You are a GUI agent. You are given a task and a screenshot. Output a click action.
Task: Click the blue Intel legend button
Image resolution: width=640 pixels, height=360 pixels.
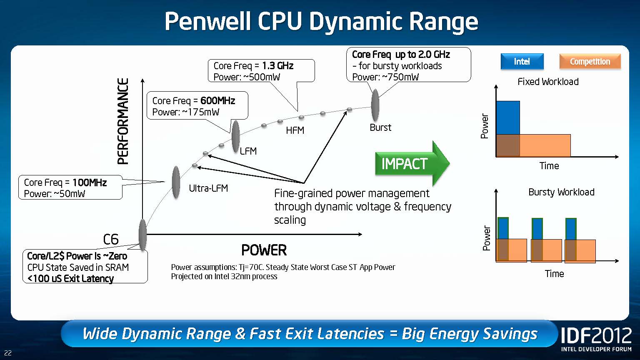click(522, 62)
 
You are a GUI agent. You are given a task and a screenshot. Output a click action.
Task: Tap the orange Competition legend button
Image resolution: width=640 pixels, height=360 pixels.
click(590, 62)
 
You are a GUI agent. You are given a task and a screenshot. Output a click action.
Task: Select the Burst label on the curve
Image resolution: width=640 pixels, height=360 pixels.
click(380, 127)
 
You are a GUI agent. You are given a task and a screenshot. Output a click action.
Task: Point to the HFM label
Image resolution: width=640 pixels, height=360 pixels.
click(295, 130)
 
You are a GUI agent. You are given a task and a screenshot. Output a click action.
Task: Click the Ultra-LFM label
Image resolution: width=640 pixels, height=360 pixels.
click(208, 188)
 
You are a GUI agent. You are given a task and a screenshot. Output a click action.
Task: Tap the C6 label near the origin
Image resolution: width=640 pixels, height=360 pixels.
click(111, 240)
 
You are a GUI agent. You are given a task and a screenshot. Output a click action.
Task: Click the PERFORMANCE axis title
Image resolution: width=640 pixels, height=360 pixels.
click(123, 121)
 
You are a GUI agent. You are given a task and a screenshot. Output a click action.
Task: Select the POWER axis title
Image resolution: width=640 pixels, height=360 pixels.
click(264, 250)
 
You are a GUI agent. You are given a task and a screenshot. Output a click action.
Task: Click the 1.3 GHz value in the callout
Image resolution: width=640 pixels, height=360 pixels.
click(278, 66)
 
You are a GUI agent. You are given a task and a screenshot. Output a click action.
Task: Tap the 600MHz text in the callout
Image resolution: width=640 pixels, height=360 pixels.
click(217, 101)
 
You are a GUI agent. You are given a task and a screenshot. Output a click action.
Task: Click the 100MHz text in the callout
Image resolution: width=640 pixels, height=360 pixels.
click(90, 182)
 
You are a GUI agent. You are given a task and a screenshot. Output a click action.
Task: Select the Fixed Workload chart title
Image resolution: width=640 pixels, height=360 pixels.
click(548, 82)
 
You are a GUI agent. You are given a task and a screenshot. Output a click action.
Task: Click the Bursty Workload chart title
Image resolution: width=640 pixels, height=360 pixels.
click(561, 192)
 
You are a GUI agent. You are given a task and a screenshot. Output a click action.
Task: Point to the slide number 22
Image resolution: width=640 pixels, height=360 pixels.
click(8, 353)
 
